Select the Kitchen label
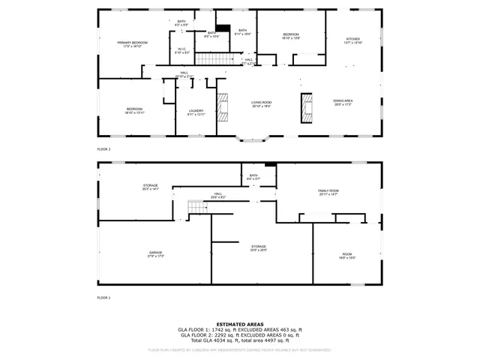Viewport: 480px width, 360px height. tap(352, 40)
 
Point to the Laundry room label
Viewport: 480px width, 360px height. tap(196, 112)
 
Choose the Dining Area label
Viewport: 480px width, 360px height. tap(343, 102)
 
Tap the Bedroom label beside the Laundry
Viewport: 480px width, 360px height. tap(134, 110)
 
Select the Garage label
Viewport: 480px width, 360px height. tap(155, 254)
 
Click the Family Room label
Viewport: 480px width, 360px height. tap(328, 192)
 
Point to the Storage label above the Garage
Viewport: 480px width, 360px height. tap(151, 187)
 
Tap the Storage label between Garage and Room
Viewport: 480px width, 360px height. tap(258, 247)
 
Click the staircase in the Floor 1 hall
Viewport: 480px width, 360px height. tap(196, 207)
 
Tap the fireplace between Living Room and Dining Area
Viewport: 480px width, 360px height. tap(307, 107)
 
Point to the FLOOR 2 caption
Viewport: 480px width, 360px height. tap(103, 149)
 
